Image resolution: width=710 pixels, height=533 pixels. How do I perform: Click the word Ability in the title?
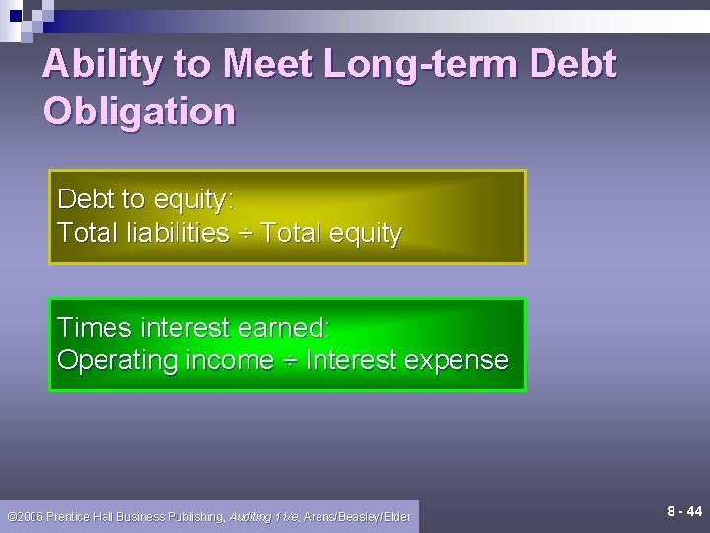pyautogui.click(x=104, y=65)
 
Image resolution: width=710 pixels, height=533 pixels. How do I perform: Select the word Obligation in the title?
pyautogui.click(x=140, y=111)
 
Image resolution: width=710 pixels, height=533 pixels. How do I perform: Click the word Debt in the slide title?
pyautogui.click(x=573, y=65)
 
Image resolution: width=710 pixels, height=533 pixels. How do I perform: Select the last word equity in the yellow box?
pyautogui.click(x=364, y=235)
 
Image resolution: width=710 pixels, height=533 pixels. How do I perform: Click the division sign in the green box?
pyautogui.click(x=289, y=361)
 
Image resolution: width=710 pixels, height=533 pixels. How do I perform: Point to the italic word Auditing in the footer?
pyautogui.click(x=252, y=516)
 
